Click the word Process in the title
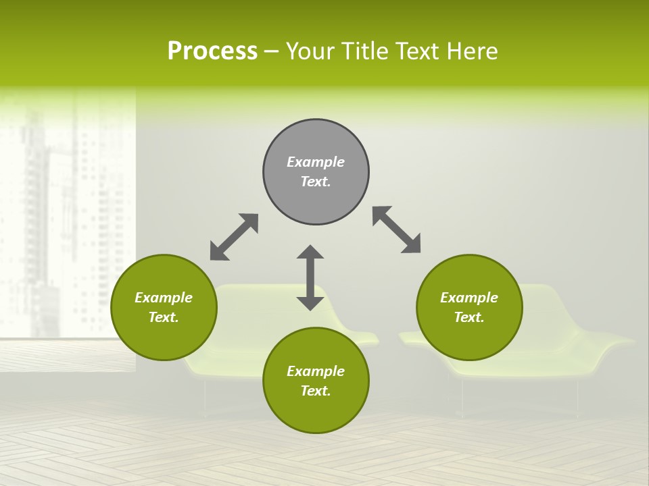[x=212, y=51]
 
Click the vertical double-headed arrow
[x=310, y=277]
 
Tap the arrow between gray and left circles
[x=234, y=237]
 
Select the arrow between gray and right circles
[x=397, y=230]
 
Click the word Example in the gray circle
[x=316, y=162]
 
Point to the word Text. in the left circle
[x=164, y=317]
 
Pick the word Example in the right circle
[x=469, y=298]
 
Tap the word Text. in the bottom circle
[x=316, y=391]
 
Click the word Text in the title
[x=419, y=51]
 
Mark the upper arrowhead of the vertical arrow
[x=310, y=252]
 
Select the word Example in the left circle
[x=164, y=298]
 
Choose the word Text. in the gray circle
[x=316, y=182]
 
